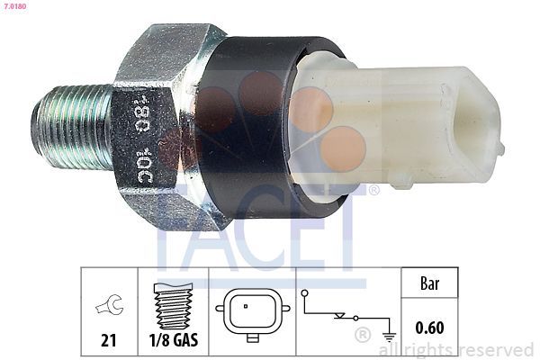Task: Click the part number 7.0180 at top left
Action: [x=13, y=6]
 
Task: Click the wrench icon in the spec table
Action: [x=108, y=308]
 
